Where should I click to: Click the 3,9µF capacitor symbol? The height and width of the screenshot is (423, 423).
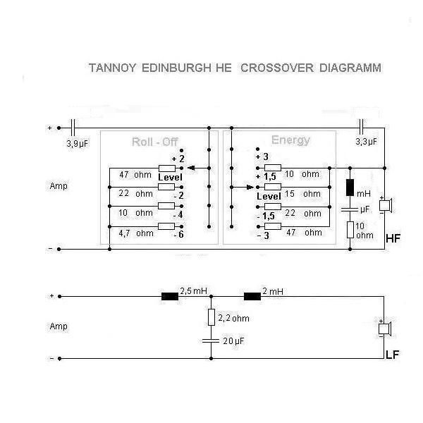click(73, 128)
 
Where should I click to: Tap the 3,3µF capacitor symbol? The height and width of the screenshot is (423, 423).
click(362, 127)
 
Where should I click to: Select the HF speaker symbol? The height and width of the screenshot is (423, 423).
click(386, 206)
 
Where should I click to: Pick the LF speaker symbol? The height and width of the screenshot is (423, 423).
click(385, 329)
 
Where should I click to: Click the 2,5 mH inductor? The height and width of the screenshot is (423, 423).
click(170, 297)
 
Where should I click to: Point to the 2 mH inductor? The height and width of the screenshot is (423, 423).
click(252, 297)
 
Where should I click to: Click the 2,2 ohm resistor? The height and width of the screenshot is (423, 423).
click(211, 317)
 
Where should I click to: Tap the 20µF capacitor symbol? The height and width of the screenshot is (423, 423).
click(211, 341)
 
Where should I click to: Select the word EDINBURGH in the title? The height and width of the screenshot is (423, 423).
click(176, 68)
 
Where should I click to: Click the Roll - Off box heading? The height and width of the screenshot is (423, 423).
click(155, 142)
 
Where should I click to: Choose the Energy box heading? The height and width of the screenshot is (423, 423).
click(290, 140)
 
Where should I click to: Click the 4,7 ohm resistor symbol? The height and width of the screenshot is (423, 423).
click(166, 226)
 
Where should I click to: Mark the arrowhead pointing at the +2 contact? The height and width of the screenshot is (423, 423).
click(191, 168)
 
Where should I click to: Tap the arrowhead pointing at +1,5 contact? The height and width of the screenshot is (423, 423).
click(250, 188)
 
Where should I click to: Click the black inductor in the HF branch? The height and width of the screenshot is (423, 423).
click(350, 188)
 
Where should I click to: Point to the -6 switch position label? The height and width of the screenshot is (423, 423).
click(178, 235)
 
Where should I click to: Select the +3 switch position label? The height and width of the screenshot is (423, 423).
click(262, 157)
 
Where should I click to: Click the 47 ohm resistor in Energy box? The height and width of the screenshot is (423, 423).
click(273, 226)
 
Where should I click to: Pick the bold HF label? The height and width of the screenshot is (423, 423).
click(393, 238)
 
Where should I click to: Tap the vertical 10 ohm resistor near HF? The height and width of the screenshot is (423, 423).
click(350, 230)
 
